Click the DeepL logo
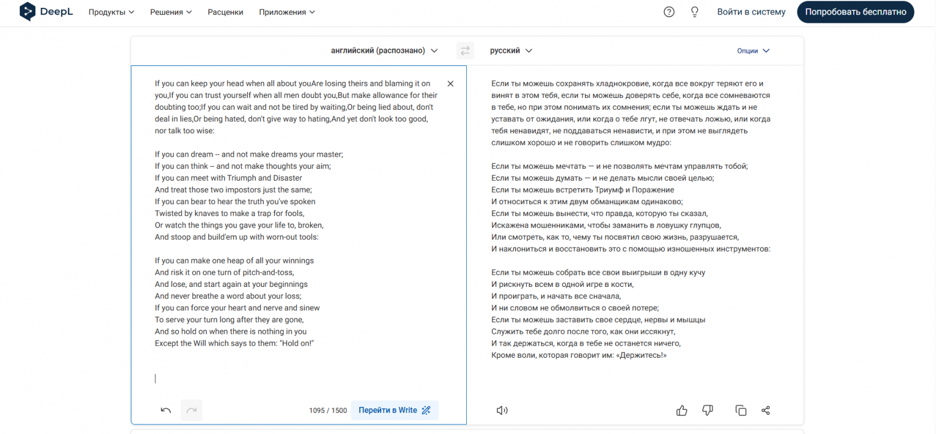[46, 12]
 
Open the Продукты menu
[111, 12]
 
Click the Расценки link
[226, 12]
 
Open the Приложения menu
[287, 12]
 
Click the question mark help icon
[669, 12]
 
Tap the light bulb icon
[695, 12]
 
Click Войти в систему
[751, 12]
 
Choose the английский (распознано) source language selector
[385, 51]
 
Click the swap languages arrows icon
[465, 51]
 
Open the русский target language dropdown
[511, 51]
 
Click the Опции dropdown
[753, 51]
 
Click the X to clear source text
[451, 84]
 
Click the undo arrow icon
[166, 411]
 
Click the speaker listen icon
[502, 411]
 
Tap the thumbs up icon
[682, 411]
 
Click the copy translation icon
[741, 411]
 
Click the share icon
[766, 411]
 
